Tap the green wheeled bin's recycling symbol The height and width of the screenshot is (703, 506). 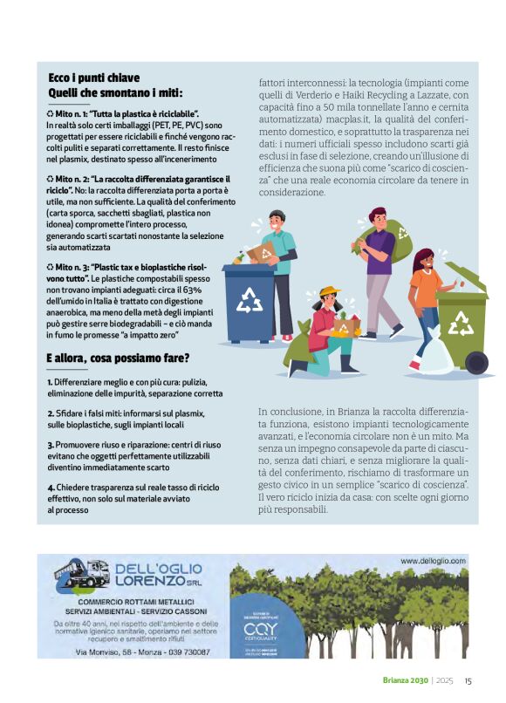(461, 323)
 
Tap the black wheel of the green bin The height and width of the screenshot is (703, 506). (476, 361)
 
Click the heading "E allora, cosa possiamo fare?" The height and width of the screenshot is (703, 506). (118, 358)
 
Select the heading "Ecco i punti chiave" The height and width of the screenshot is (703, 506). (93, 78)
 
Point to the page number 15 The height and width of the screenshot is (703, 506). (468, 681)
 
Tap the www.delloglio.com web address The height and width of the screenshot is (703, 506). (433, 561)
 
